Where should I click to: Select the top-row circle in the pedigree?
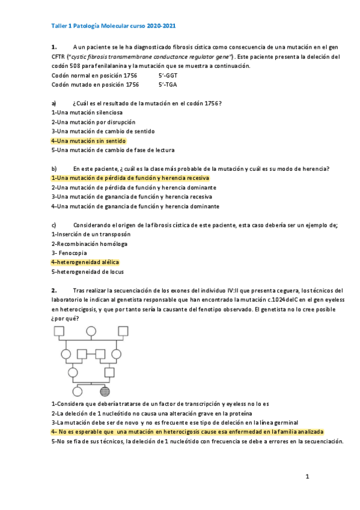(91, 331)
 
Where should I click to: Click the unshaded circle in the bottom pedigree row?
(73, 391)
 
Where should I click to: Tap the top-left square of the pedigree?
(59, 331)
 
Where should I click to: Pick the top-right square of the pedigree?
(123, 331)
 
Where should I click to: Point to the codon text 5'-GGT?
(168, 76)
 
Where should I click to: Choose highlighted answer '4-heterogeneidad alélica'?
(85, 262)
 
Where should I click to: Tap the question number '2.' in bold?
(54, 290)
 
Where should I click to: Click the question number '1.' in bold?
(54, 47)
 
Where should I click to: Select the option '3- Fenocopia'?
(70, 253)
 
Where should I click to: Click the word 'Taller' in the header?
(60, 26)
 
